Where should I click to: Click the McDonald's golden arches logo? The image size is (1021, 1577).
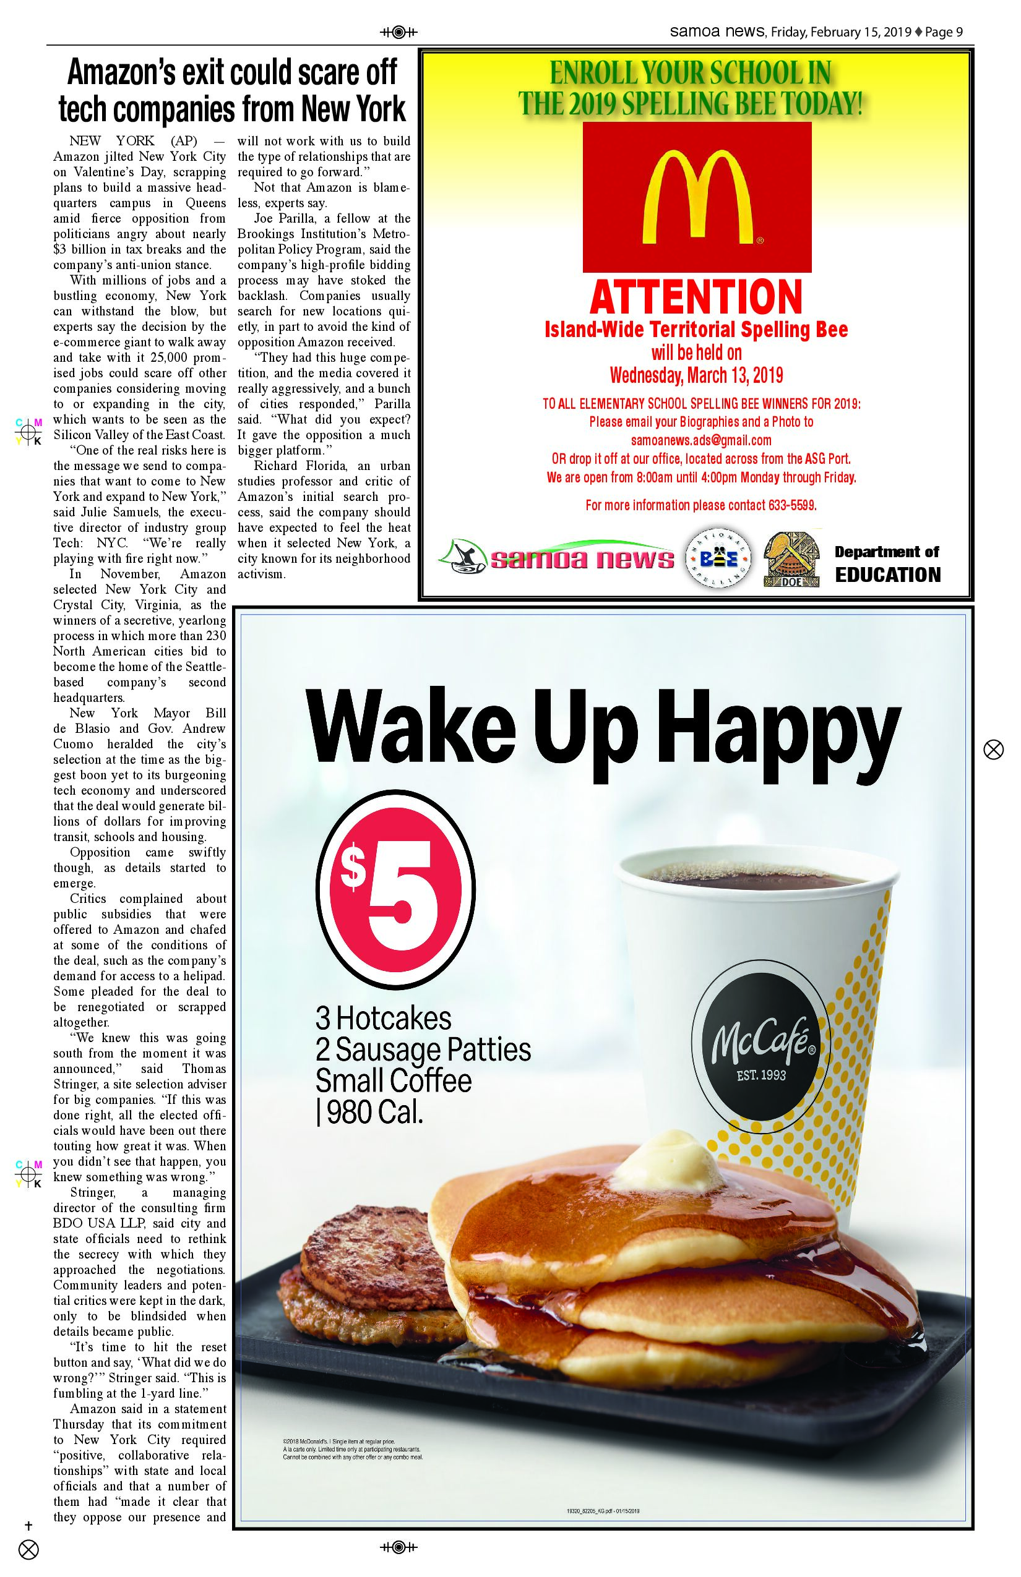pos(697,197)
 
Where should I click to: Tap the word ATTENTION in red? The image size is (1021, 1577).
pos(696,297)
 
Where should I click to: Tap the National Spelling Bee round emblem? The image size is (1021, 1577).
pos(717,558)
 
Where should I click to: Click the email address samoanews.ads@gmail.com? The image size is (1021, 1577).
pos(700,440)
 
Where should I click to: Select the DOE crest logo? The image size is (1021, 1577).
pos(793,558)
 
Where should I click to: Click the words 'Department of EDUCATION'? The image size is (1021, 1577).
pos(887,563)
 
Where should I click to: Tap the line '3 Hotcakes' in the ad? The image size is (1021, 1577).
pos(383,1019)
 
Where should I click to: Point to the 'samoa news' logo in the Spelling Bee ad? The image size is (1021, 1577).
pos(556,558)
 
